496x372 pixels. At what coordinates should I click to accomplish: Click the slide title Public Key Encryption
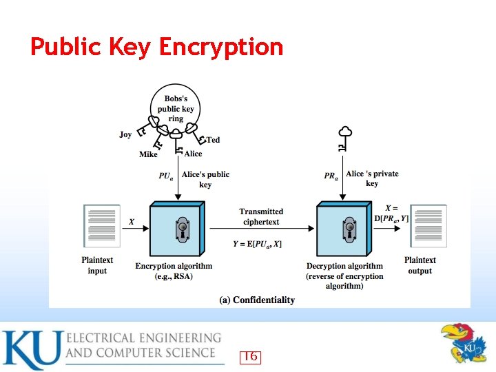[x=156, y=47]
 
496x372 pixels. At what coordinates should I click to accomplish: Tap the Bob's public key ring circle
[x=176, y=109]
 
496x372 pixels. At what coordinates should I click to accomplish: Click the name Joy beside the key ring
[x=125, y=134]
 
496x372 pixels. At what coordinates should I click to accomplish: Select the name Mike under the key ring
[x=148, y=154]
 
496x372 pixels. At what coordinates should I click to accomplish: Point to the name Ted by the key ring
[x=214, y=140]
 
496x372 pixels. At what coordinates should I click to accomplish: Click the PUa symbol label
[x=166, y=176]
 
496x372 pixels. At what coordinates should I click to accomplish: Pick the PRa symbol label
[x=331, y=176]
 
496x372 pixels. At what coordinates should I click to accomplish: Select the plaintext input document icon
[x=101, y=225]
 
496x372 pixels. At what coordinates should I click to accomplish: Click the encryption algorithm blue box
[x=177, y=228]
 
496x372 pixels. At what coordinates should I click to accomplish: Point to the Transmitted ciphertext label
[x=261, y=216]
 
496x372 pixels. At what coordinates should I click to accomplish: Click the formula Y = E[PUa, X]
[x=257, y=244]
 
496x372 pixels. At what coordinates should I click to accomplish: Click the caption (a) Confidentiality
[x=257, y=300]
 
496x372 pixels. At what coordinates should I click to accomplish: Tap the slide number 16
[x=250, y=356]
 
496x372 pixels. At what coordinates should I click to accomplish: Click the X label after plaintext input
[x=132, y=222]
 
